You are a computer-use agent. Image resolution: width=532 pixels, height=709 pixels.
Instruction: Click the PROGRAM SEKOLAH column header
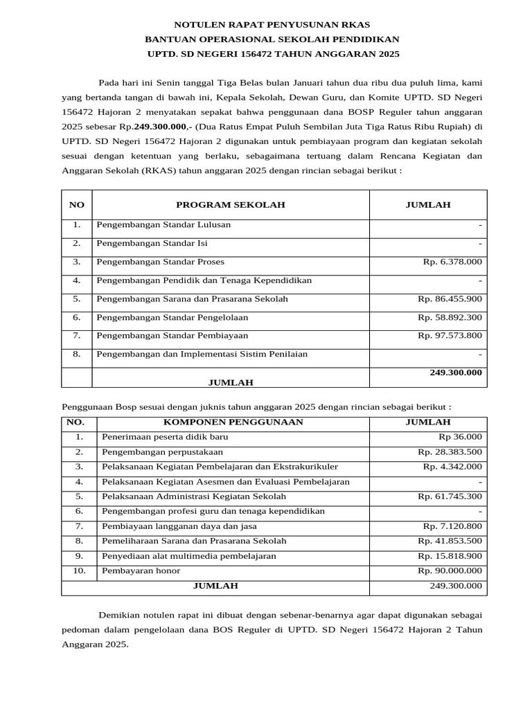tap(230, 205)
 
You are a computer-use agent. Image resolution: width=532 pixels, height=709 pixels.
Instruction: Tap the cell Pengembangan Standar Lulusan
tap(163, 225)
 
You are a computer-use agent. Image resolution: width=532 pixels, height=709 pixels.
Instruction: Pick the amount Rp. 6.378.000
tap(452, 262)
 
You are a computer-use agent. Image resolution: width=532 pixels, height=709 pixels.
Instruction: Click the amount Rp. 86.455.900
tap(450, 299)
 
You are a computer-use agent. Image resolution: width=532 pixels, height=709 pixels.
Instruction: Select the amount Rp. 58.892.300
tap(450, 318)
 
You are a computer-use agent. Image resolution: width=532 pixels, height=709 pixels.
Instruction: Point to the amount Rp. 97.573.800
tap(450, 336)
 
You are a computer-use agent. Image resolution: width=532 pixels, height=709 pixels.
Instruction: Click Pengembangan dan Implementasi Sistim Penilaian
tap(202, 354)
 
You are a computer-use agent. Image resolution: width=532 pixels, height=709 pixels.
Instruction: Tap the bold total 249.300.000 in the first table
tap(455, 373)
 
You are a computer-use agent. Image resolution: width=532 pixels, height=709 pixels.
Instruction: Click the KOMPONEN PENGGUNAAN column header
tap(233, 422)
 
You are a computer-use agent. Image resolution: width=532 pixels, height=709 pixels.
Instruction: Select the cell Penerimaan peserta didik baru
tap(164, 438)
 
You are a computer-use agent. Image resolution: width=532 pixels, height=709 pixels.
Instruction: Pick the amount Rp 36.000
tap(460, 438)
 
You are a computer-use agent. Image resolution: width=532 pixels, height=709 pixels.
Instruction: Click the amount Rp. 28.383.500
tap(450, 452)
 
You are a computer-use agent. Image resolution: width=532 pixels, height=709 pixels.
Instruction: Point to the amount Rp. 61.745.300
tap(450, 497)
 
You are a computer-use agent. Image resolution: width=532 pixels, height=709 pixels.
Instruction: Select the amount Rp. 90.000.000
tap(450, 571)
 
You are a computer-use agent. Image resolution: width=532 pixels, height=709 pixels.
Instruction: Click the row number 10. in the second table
tap(79, 571)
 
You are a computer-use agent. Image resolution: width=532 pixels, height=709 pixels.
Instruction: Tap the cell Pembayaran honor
tap(141, 571)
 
